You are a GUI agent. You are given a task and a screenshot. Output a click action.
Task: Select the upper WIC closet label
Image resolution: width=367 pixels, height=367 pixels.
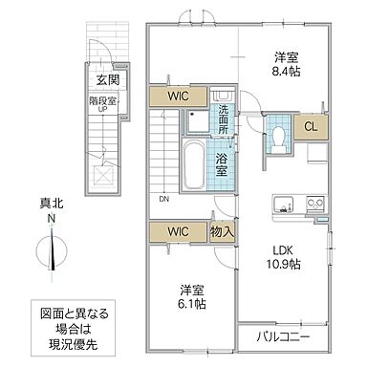pyautogui.click(x=178, y=97)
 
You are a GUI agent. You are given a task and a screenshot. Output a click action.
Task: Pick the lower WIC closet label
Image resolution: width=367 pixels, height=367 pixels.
pyautogui.click(x=177, y=231)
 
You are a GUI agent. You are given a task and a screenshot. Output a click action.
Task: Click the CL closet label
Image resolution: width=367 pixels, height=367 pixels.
pyautogui.click(x=312, y=127)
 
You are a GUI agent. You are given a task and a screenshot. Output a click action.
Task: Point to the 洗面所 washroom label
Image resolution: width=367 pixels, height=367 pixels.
pyautogui.click(x=221, y=120)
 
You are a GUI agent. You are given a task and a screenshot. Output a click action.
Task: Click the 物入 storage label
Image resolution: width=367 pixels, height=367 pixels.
pyautogui.click(x=222, y=232)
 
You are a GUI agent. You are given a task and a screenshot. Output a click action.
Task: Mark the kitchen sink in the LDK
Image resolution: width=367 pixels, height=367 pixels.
pyautogui.click(x=286, y=205)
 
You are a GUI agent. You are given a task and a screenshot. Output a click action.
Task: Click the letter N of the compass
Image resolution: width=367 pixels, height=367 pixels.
pyautogui.click(x=50, y=217)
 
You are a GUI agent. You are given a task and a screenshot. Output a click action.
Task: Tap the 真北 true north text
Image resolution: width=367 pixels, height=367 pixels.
pyautogui.click(x=50, y=202)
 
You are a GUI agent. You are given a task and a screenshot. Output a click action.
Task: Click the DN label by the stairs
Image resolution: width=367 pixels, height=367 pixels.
pyautogui.click(x=165, y=199)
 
